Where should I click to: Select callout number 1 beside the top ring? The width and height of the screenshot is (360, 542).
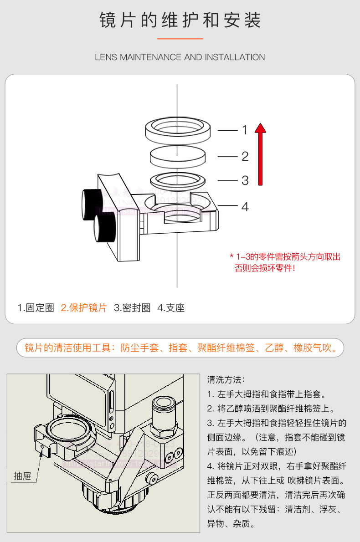(245, 130)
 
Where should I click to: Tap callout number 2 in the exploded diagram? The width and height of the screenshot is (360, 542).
(245, 157)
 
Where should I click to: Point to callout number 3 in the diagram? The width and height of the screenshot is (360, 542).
(245, 180)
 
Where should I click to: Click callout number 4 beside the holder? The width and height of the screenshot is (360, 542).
(245, 207)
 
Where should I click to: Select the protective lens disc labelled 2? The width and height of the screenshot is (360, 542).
(178, 157)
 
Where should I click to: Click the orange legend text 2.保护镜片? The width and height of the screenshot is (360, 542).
(84, 308)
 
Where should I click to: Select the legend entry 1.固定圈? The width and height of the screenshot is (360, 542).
(36, 308)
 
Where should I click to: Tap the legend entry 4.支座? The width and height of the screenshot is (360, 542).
(171, 308)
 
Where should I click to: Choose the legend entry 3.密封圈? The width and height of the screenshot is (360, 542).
(132, 308)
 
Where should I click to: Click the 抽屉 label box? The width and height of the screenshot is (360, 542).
(22, 476)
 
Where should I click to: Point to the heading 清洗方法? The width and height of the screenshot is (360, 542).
(226, 379)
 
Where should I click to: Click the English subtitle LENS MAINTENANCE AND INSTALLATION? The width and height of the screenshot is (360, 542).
(180, 57)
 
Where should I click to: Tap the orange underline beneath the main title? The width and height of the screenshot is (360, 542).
(180, 39)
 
